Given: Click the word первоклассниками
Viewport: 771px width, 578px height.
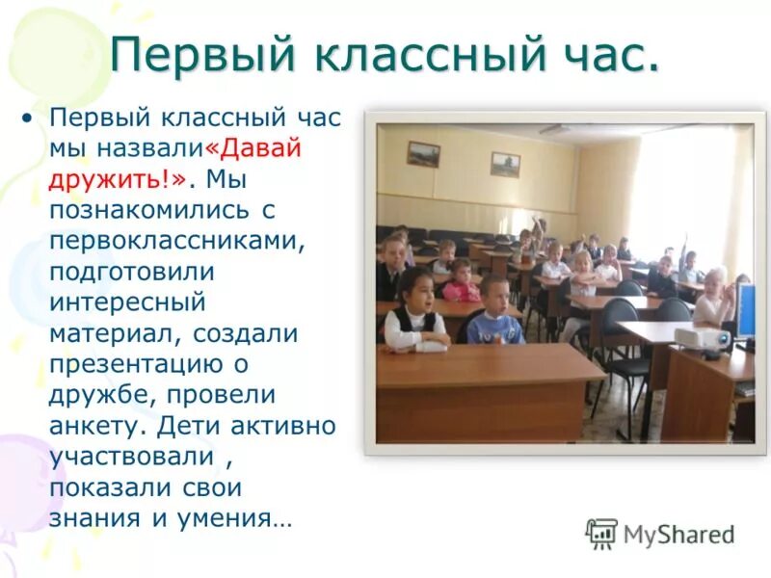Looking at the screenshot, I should point(177,242).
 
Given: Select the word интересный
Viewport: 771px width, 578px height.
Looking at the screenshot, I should point(127,303).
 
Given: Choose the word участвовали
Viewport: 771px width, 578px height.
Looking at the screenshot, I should point(128,458).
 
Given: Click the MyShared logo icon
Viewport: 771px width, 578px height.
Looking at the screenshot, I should point(601,534).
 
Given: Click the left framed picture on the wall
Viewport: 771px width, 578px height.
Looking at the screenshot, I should point(422,154).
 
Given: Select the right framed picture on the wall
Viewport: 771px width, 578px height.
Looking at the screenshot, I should point(505,164).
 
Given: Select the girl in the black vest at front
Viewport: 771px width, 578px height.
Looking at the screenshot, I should point(414,313).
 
